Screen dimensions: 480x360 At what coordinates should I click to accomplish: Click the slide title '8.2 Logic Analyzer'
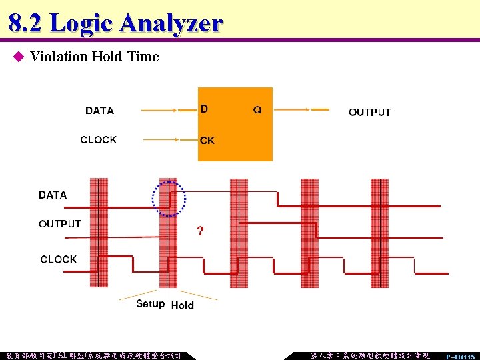click(x=115, y=23)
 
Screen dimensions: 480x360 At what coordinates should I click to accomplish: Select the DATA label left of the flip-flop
click(x=99, y=111)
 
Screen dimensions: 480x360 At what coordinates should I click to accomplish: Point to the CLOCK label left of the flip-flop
click(x=98, y=140)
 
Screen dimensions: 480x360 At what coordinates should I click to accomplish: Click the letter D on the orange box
click(x=204, y=109)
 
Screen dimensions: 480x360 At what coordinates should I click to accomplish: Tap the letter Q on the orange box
click(x=257, y=110)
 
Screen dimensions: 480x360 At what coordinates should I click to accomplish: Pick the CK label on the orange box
click(x=207, y=141)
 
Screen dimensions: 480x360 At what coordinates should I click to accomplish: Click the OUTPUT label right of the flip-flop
click(x=369, y=112)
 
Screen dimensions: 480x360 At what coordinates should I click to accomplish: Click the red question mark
click(x=200, y=232)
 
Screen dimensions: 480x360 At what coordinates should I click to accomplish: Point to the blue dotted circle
click(x=169, y=198)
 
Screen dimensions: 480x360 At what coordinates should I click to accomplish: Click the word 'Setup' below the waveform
click(x=150, y=304)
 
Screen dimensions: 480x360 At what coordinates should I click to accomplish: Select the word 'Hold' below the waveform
click(x=183, y=305)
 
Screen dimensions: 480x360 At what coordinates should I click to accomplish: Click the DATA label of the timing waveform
click(x=53, y=195)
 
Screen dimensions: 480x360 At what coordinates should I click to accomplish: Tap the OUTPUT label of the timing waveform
click(x=60, y=224)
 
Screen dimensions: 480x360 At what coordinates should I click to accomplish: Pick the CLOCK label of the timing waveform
click(x=59, y=259)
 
